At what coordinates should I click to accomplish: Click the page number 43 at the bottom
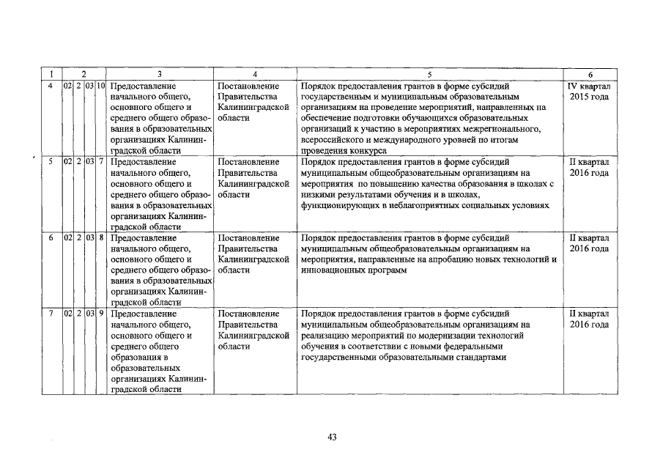332,437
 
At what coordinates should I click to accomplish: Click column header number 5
430,74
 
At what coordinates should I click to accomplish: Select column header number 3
159,74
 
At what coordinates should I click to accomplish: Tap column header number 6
590,74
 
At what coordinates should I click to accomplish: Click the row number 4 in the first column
50,86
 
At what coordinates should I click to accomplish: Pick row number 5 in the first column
50,162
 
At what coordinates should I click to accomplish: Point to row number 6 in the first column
50,238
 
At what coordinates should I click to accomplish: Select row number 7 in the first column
50,314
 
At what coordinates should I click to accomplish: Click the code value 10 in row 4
100,86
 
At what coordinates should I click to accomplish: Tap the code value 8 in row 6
100,238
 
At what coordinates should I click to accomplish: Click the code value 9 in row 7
100,314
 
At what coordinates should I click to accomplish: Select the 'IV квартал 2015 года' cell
590,92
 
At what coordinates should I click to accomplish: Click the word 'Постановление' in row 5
248,162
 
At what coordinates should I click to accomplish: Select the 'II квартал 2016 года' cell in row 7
590,320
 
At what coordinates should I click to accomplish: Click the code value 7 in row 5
100,162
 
